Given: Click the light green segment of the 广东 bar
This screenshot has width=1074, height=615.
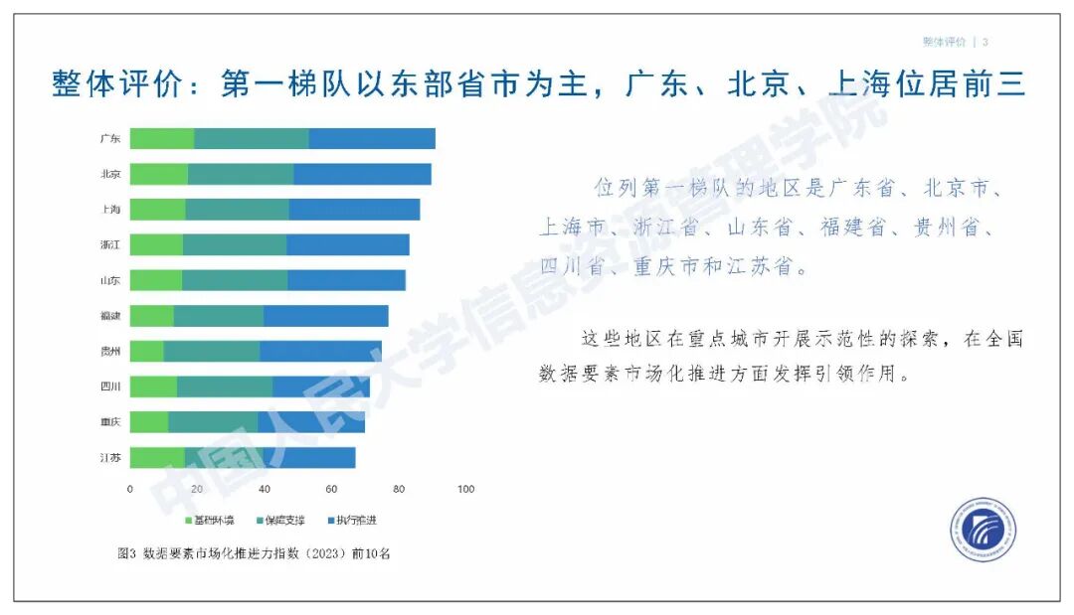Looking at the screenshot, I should coord(161,139).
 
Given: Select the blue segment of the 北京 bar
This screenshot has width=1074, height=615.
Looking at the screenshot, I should coord(362,174).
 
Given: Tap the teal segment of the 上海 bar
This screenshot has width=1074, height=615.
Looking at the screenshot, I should coord(237,210).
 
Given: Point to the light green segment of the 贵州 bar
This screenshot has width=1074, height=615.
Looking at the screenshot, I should coord(146,352).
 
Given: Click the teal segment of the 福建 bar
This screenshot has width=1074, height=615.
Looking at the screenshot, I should coord(218,316).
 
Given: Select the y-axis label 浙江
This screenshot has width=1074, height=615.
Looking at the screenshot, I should coord(110,244).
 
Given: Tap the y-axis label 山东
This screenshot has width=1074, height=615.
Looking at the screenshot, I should coord(110,280).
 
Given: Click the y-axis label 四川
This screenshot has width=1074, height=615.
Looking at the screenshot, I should coord(110,386).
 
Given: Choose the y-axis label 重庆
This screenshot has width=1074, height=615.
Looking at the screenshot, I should coord(110,422).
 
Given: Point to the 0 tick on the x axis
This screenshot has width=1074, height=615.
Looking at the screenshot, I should coord(130,489).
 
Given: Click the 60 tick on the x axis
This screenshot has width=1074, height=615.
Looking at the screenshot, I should coord(331,489).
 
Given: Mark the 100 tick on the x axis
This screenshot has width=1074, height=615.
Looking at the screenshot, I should coord(464,489).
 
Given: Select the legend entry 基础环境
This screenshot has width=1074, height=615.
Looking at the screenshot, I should coord(210,521).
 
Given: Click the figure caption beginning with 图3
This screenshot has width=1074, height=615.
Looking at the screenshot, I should coord(254,553).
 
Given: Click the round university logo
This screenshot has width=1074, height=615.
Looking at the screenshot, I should coord(983,530).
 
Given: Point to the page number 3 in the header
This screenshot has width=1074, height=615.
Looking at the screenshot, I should coord(984,42).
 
